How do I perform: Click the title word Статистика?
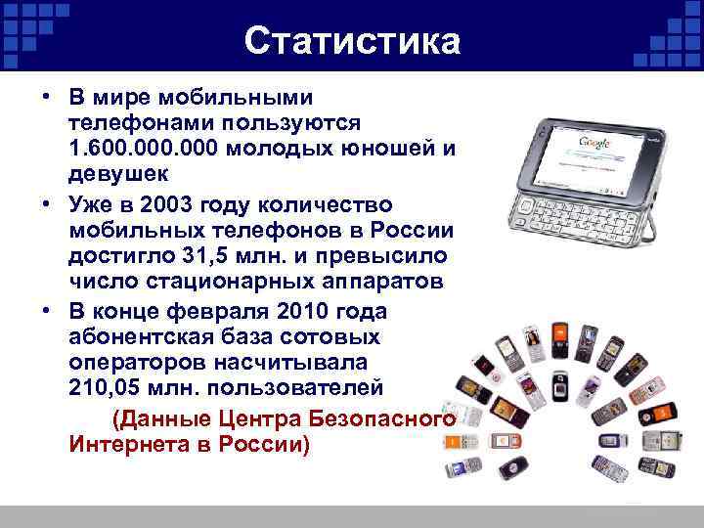[351, 41]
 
